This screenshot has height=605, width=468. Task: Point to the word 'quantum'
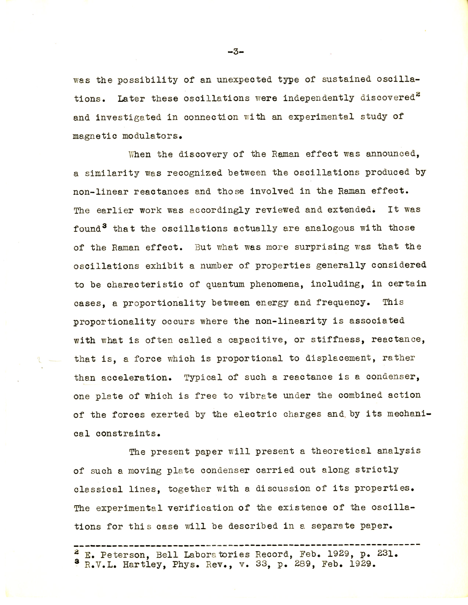point(225,284)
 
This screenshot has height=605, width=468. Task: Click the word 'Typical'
point(203,377)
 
